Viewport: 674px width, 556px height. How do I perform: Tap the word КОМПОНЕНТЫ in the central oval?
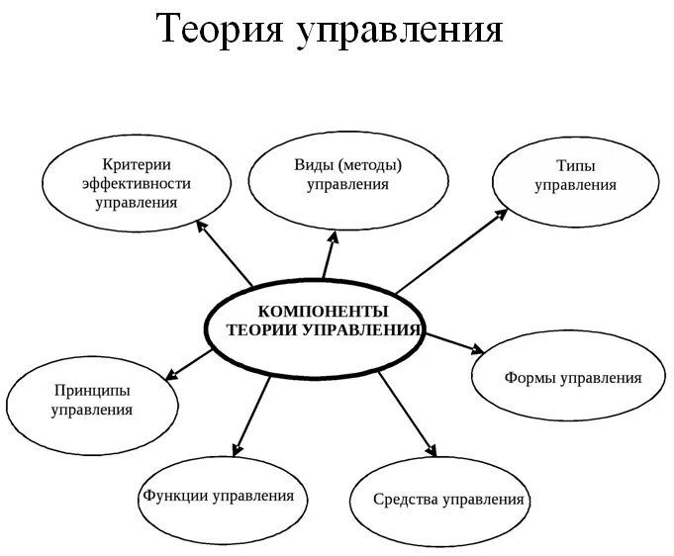pos(316,311)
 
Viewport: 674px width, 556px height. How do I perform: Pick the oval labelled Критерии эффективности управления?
pos(137,183)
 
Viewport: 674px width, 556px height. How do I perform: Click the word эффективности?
pos(137,183)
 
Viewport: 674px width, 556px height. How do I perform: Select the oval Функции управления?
pos(219,495)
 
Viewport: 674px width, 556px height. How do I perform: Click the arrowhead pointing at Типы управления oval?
pos(503,212)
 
